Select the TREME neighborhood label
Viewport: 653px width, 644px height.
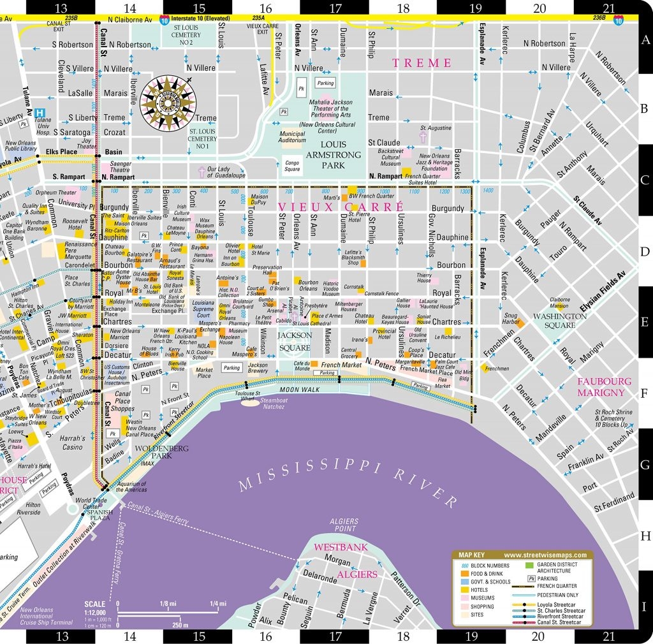tap(422, 62)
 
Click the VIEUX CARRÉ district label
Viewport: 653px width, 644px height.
tap(341, 207)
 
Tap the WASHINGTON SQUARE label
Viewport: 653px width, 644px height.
tap(560, 320)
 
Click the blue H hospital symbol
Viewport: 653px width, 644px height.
tap(40, 112)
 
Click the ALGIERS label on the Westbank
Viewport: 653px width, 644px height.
tap(357, 574)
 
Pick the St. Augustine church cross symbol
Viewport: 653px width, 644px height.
tap(422, 137)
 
